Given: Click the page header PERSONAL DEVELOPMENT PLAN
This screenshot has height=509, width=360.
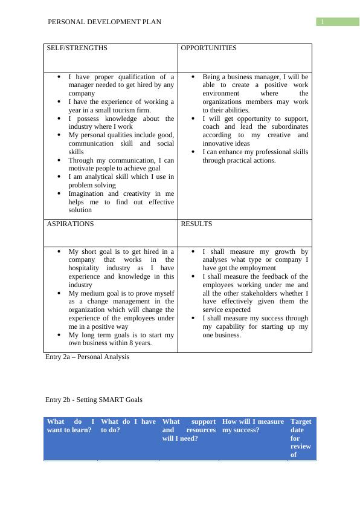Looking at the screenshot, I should [x=104, y=22].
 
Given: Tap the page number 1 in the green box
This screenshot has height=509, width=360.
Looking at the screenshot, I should [x=323, y=22].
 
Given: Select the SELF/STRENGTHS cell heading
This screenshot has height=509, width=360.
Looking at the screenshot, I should [x=77, y=48].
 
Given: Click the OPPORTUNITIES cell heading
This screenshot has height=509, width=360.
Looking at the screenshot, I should [x=209, y=48].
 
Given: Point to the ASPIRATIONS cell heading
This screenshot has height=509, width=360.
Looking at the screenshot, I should [x=71, y=224].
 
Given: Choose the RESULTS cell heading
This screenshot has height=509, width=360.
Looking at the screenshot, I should [x=196, y=224].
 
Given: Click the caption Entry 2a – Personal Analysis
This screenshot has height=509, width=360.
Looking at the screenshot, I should [x=87, y=357].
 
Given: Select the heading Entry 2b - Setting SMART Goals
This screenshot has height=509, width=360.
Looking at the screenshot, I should [x=94, y=400].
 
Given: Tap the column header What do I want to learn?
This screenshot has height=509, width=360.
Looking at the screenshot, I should [x=71, y=426].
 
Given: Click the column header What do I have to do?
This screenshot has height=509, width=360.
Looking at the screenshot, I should [x=128, y=426].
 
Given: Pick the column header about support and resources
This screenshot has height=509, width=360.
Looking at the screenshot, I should [x=188, y=430].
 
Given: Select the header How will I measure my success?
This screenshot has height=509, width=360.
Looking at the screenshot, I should [x=252, y=426].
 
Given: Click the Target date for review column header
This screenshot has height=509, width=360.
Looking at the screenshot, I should [x=301, y=438].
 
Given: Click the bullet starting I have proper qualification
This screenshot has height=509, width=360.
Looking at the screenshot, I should [x=121, y=85].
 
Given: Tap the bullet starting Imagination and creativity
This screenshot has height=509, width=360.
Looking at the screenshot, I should [x=121, y=202].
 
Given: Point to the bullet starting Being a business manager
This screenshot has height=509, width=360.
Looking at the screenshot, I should [x=255, y=94].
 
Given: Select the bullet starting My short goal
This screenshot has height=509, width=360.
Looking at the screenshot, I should [x=121, y=268].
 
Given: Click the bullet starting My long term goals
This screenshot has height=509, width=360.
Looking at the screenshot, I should [x=121, y=339].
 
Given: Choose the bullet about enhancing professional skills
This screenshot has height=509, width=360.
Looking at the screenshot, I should [x=255, y=156].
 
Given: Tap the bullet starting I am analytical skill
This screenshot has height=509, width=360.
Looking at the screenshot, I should [x=121, y=181].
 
